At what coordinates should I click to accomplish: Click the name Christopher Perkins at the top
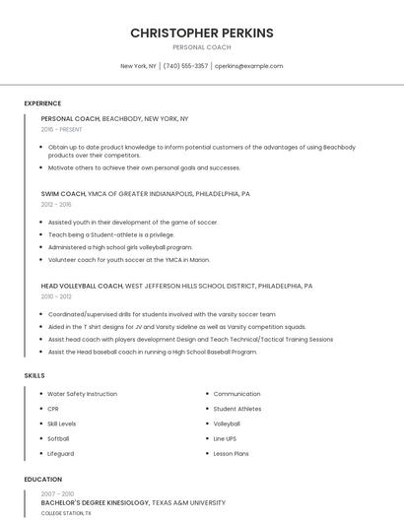click(201, 33)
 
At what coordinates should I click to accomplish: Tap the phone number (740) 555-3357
click(185, 66)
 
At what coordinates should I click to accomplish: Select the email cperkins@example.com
click(248, 66)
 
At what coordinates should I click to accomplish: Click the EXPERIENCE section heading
click(42, 103)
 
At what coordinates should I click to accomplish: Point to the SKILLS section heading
click(34, 375)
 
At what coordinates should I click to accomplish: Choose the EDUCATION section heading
click(43, 480)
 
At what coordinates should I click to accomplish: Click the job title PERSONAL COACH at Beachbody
click(71, 118)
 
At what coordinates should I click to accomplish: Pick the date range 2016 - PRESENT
click(61, 129)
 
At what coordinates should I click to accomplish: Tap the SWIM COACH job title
click(63, 194)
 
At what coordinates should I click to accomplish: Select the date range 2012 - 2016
click(56, 205)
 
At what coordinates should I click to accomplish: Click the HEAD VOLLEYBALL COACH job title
click(82, 286)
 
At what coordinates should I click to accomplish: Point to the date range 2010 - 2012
click(56, 296)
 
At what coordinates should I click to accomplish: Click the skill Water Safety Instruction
click(82, 394)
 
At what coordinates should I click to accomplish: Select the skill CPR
click(53, 409)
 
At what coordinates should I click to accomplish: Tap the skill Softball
click(58, 438)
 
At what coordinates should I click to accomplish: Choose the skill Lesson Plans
click(231, 453)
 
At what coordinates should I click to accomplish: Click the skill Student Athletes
click(236, 409)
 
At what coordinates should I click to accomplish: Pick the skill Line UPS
click(225, 438)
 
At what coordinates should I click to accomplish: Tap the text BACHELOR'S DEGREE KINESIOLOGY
click(95, 502)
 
